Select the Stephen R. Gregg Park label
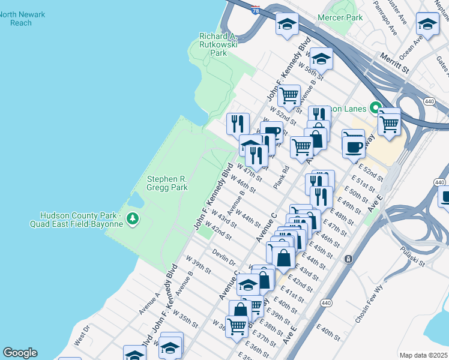[x=167, y=183]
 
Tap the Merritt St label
[x=393, y=63]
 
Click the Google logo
[x=20, y=353]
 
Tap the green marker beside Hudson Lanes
[x=376, y=109]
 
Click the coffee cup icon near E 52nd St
[x=354, y=145]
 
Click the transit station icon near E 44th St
[x=348, y=259]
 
